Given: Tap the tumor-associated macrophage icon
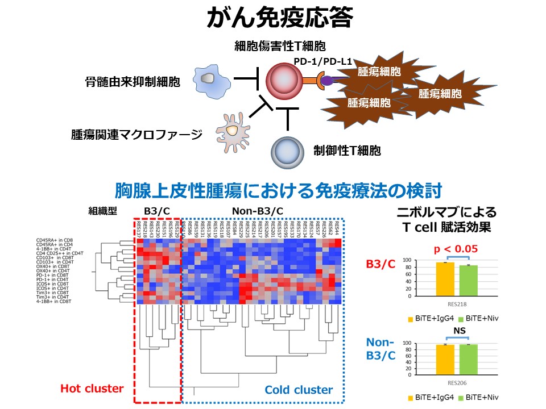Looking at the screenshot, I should (234, 130).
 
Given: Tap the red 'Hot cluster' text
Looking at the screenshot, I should (92, 389).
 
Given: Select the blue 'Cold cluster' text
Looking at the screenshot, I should (299, 390).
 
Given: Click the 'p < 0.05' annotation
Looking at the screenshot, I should (456, 248).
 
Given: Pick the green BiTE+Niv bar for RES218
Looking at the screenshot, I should (468, 281).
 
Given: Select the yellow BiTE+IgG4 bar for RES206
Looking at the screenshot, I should (445, 360).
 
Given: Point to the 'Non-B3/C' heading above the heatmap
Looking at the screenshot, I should (257, 211).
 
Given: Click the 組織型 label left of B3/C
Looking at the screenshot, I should (103, 211).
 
